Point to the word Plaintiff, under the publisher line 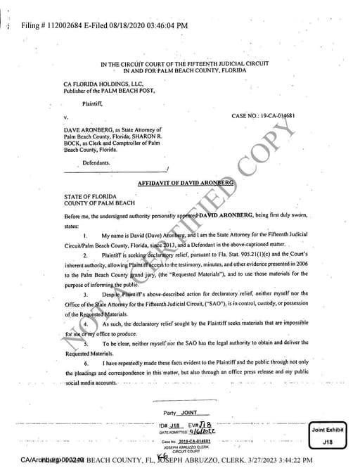(x=94, y=103)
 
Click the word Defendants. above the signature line (x=96, y=162)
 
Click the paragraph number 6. (x=85, y=362)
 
